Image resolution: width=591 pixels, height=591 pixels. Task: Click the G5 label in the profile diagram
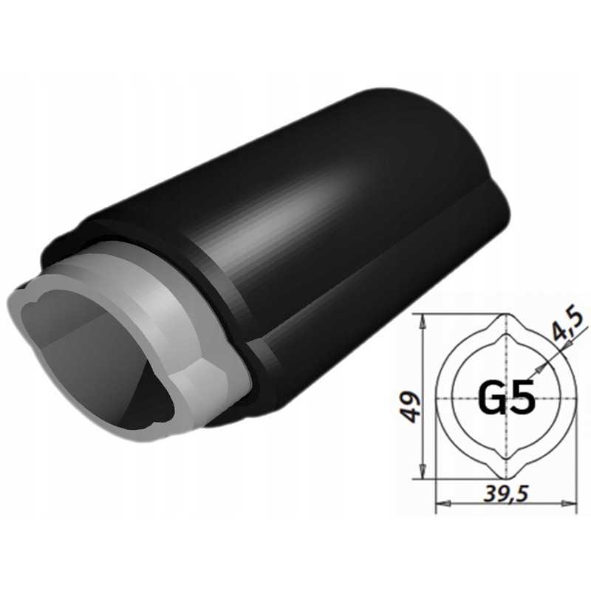(507, 399)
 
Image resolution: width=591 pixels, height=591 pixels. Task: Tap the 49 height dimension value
(411, 405)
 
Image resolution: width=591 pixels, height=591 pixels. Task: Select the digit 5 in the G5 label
(522, 399)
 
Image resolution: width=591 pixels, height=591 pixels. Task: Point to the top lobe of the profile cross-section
(506, 325)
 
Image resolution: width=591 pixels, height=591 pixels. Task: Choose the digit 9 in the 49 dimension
(411, 397)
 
